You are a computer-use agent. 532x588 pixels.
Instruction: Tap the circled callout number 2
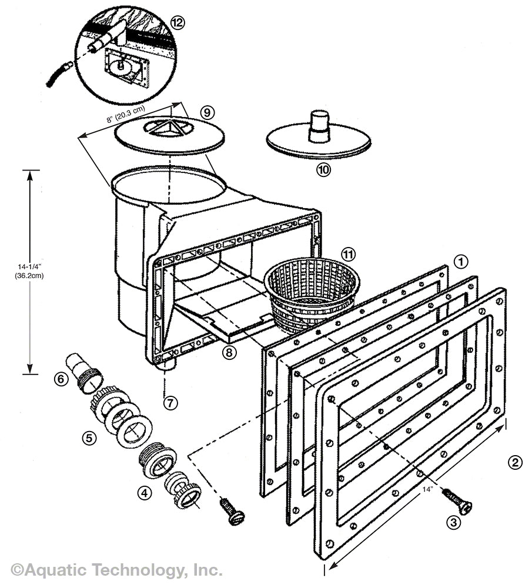514,462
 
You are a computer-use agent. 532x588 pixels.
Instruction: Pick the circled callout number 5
89,438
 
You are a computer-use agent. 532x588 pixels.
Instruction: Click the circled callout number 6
61,379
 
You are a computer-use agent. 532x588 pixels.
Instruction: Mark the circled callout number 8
229,352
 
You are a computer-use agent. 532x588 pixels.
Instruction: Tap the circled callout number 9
206,111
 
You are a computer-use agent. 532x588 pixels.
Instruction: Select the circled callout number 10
323,170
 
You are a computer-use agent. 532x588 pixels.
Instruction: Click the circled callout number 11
349,254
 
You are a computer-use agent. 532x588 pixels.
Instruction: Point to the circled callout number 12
177,22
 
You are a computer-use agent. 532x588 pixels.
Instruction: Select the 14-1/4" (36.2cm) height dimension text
29,270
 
